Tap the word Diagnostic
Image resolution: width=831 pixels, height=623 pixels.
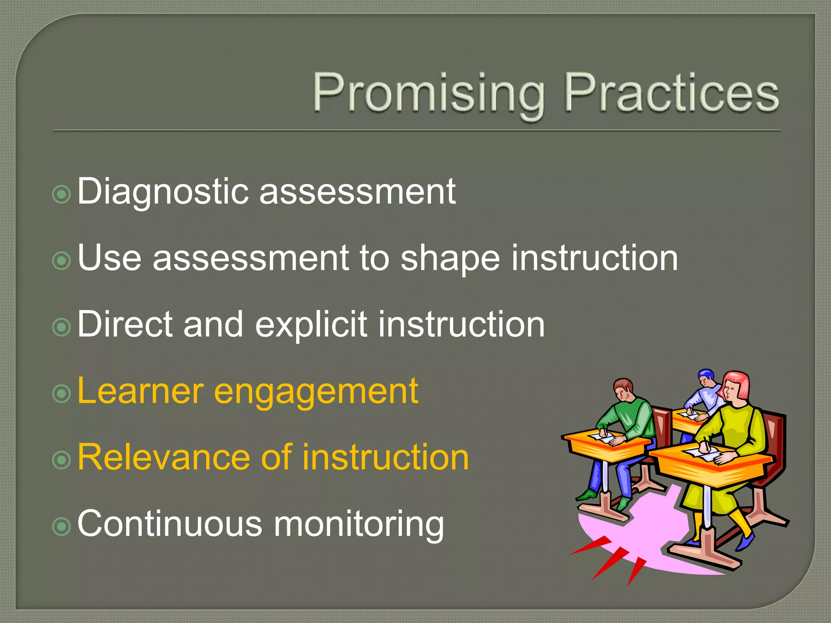pos(162,191)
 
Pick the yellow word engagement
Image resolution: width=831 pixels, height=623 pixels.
pos(316,392)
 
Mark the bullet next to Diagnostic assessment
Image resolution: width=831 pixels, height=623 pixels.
pos(62,194)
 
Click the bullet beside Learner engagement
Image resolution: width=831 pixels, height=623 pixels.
pos(62,393)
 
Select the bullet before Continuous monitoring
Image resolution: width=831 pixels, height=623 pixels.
pos(62,526)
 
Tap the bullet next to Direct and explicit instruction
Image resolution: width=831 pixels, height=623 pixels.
pos(62,327)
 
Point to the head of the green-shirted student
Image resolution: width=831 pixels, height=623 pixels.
pos(623,389)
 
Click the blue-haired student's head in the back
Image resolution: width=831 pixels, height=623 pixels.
pos(706,377)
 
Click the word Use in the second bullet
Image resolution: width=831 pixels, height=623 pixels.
pos(109,258)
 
